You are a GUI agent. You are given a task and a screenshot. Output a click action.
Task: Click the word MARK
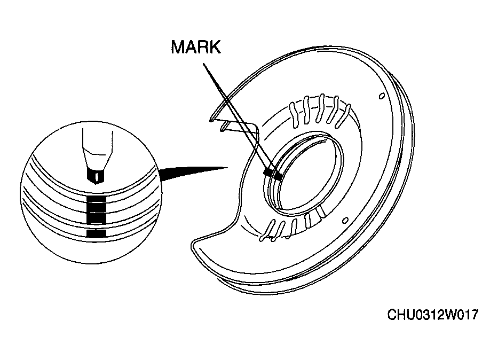click(196, 47)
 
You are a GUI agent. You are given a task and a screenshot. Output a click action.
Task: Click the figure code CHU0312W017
click(432, 315)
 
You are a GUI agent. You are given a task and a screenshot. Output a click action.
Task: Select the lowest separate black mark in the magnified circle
click(96, 234)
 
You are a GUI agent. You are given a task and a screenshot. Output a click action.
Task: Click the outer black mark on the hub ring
click(268, 171)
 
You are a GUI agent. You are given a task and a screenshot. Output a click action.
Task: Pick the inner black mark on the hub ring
click(279, 176)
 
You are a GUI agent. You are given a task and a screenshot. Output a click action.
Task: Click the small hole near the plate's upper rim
click(382, 96)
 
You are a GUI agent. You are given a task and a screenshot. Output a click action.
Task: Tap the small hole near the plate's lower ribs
click(345, 220)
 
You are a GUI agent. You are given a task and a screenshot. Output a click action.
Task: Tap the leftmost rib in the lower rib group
click(266, 230)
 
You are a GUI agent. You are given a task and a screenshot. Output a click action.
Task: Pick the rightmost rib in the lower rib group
click(321, 212)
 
